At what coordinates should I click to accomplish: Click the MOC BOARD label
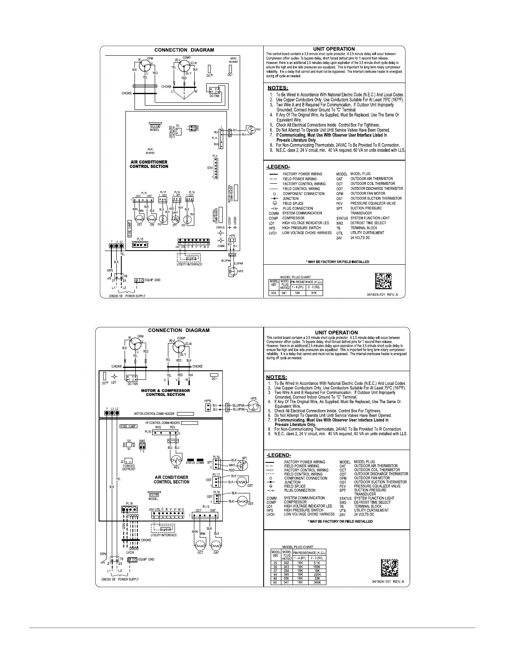pyautogui.click(x=233, y=60)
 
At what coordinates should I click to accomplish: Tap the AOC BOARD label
pyautogui.click(x=151, y=150)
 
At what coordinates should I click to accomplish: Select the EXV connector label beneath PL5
pyautogui.click(x=210, y=168)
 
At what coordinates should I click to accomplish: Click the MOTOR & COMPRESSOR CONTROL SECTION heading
pyautogui.click(x=165, y=392)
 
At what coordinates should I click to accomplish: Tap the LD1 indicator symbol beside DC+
pyautogui.click(x=114, y=377)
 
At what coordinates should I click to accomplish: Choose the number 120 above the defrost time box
pyautogui.click(x=129, y=441)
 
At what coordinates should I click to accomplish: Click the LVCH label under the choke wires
pyautogui.click(x=130, y=552)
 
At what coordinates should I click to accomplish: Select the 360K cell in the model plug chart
pyautogui.click(x=317, y=582)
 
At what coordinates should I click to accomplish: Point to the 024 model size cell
pyautogui.click(x=274, y=293)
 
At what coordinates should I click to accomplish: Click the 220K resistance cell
pyautogui.click(x=317, y=574)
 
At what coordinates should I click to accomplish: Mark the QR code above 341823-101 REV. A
pyautogui.click(x=383, y=281)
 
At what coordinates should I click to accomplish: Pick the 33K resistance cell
pyautogui.click(x=317, y=578)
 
